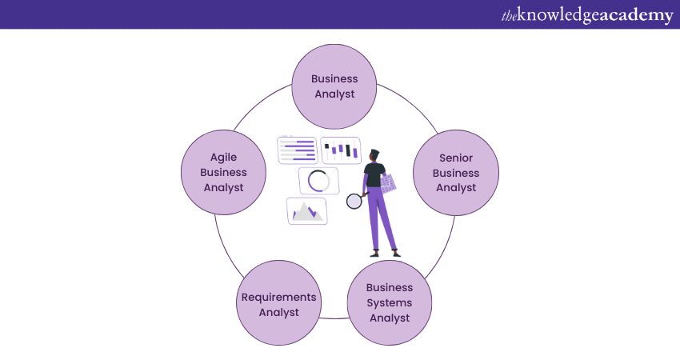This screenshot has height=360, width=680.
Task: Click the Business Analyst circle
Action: click(x=334, y=86)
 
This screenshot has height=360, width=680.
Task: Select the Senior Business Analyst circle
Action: click(x=456, y=173)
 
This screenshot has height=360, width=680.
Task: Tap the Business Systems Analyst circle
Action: click(x=390, y=302)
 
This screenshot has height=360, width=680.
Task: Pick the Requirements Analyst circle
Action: click(x=278, y=305)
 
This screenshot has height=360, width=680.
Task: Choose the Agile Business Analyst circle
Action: click(x=223, y=173)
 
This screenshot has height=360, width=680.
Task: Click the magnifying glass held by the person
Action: click(x=354, y=202)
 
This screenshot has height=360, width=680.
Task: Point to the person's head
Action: click(x=375, y=155)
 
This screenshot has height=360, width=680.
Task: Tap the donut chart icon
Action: click(x=318, y=181)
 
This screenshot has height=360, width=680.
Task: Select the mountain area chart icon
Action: click(x=306, y=211)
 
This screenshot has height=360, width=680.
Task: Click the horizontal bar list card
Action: click(x=298, y=150)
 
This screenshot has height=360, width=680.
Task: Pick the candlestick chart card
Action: click(x=341, y=150)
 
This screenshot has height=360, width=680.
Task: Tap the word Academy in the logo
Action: click(x=631, y=15)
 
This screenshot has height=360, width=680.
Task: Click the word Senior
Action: click(x=456, y=158)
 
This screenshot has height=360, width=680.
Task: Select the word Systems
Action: click(x=390, y=302)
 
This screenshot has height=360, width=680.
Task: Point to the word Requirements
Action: click(x=278, y=298)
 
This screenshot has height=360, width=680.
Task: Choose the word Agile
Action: click(x=223, y=158)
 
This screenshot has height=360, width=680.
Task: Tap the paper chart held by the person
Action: click(x=388, y=183)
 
